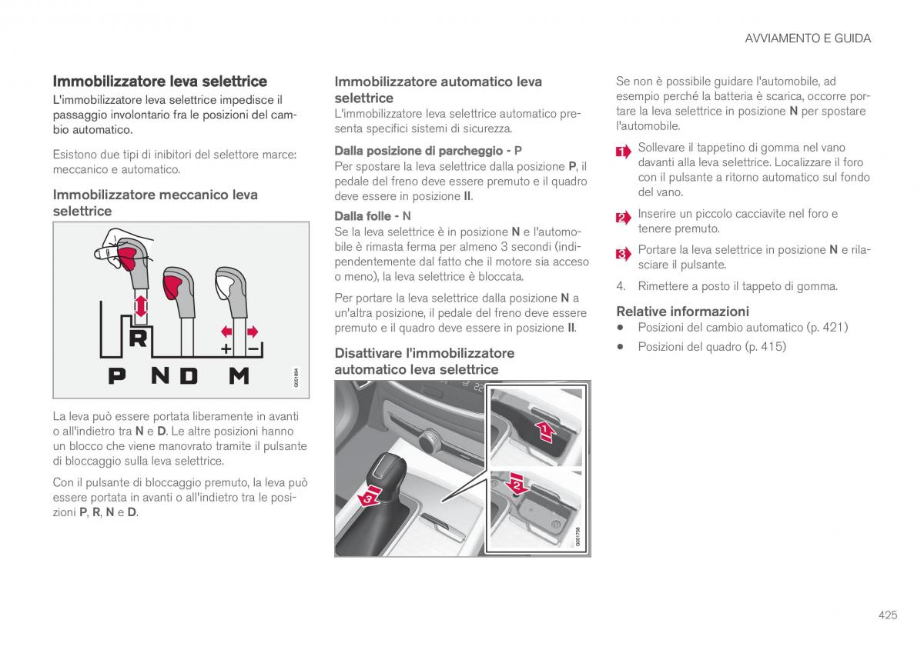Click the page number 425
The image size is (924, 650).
click(887, 615)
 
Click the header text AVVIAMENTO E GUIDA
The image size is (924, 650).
click(808, 38)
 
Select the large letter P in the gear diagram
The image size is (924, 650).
click(116, 375)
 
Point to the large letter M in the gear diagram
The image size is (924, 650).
click(239, 375)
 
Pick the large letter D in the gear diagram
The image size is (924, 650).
click(189, 375)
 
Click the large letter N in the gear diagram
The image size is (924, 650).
click(160, 375)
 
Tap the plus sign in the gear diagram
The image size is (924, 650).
click(226, 348)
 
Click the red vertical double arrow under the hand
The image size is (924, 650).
click(140, 308)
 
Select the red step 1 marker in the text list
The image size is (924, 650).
click(623, 152)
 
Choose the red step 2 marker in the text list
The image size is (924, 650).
click(623, 218)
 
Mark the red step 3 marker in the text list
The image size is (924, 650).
click(623, 254)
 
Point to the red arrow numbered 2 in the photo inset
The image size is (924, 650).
click(517, 483)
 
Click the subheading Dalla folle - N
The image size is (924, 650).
click(373, 216)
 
